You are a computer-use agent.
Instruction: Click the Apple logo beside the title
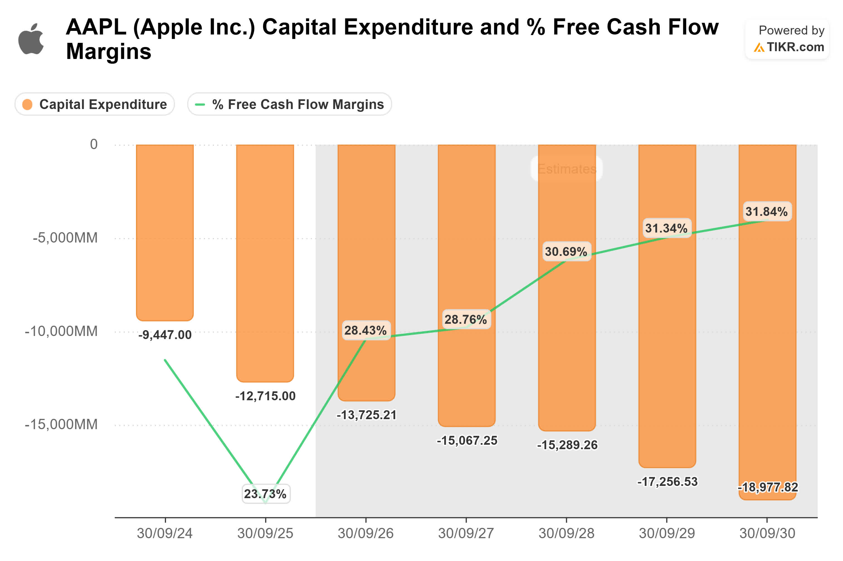tap(31, 39)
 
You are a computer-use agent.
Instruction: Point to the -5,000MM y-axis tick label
tap(65, 238)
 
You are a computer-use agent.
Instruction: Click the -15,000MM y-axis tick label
tap(61, 424)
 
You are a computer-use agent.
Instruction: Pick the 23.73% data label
tap(265, 494)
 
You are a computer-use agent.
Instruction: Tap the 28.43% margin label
tap(366, 330)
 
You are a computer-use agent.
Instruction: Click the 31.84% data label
tap(766, 211)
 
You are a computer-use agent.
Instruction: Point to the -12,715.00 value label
tap(265, 396)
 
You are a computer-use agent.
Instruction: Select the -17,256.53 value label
tap(667, 481)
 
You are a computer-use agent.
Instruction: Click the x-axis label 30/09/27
tap(466, 533)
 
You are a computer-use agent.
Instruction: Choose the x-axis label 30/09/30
tap(767, 533)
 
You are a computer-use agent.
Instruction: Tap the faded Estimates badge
tap(566, 169)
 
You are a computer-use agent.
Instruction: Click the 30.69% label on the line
tap(566, 251)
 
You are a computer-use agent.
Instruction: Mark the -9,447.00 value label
tap(165, 335)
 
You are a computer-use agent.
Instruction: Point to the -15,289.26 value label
tap(567, 445)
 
